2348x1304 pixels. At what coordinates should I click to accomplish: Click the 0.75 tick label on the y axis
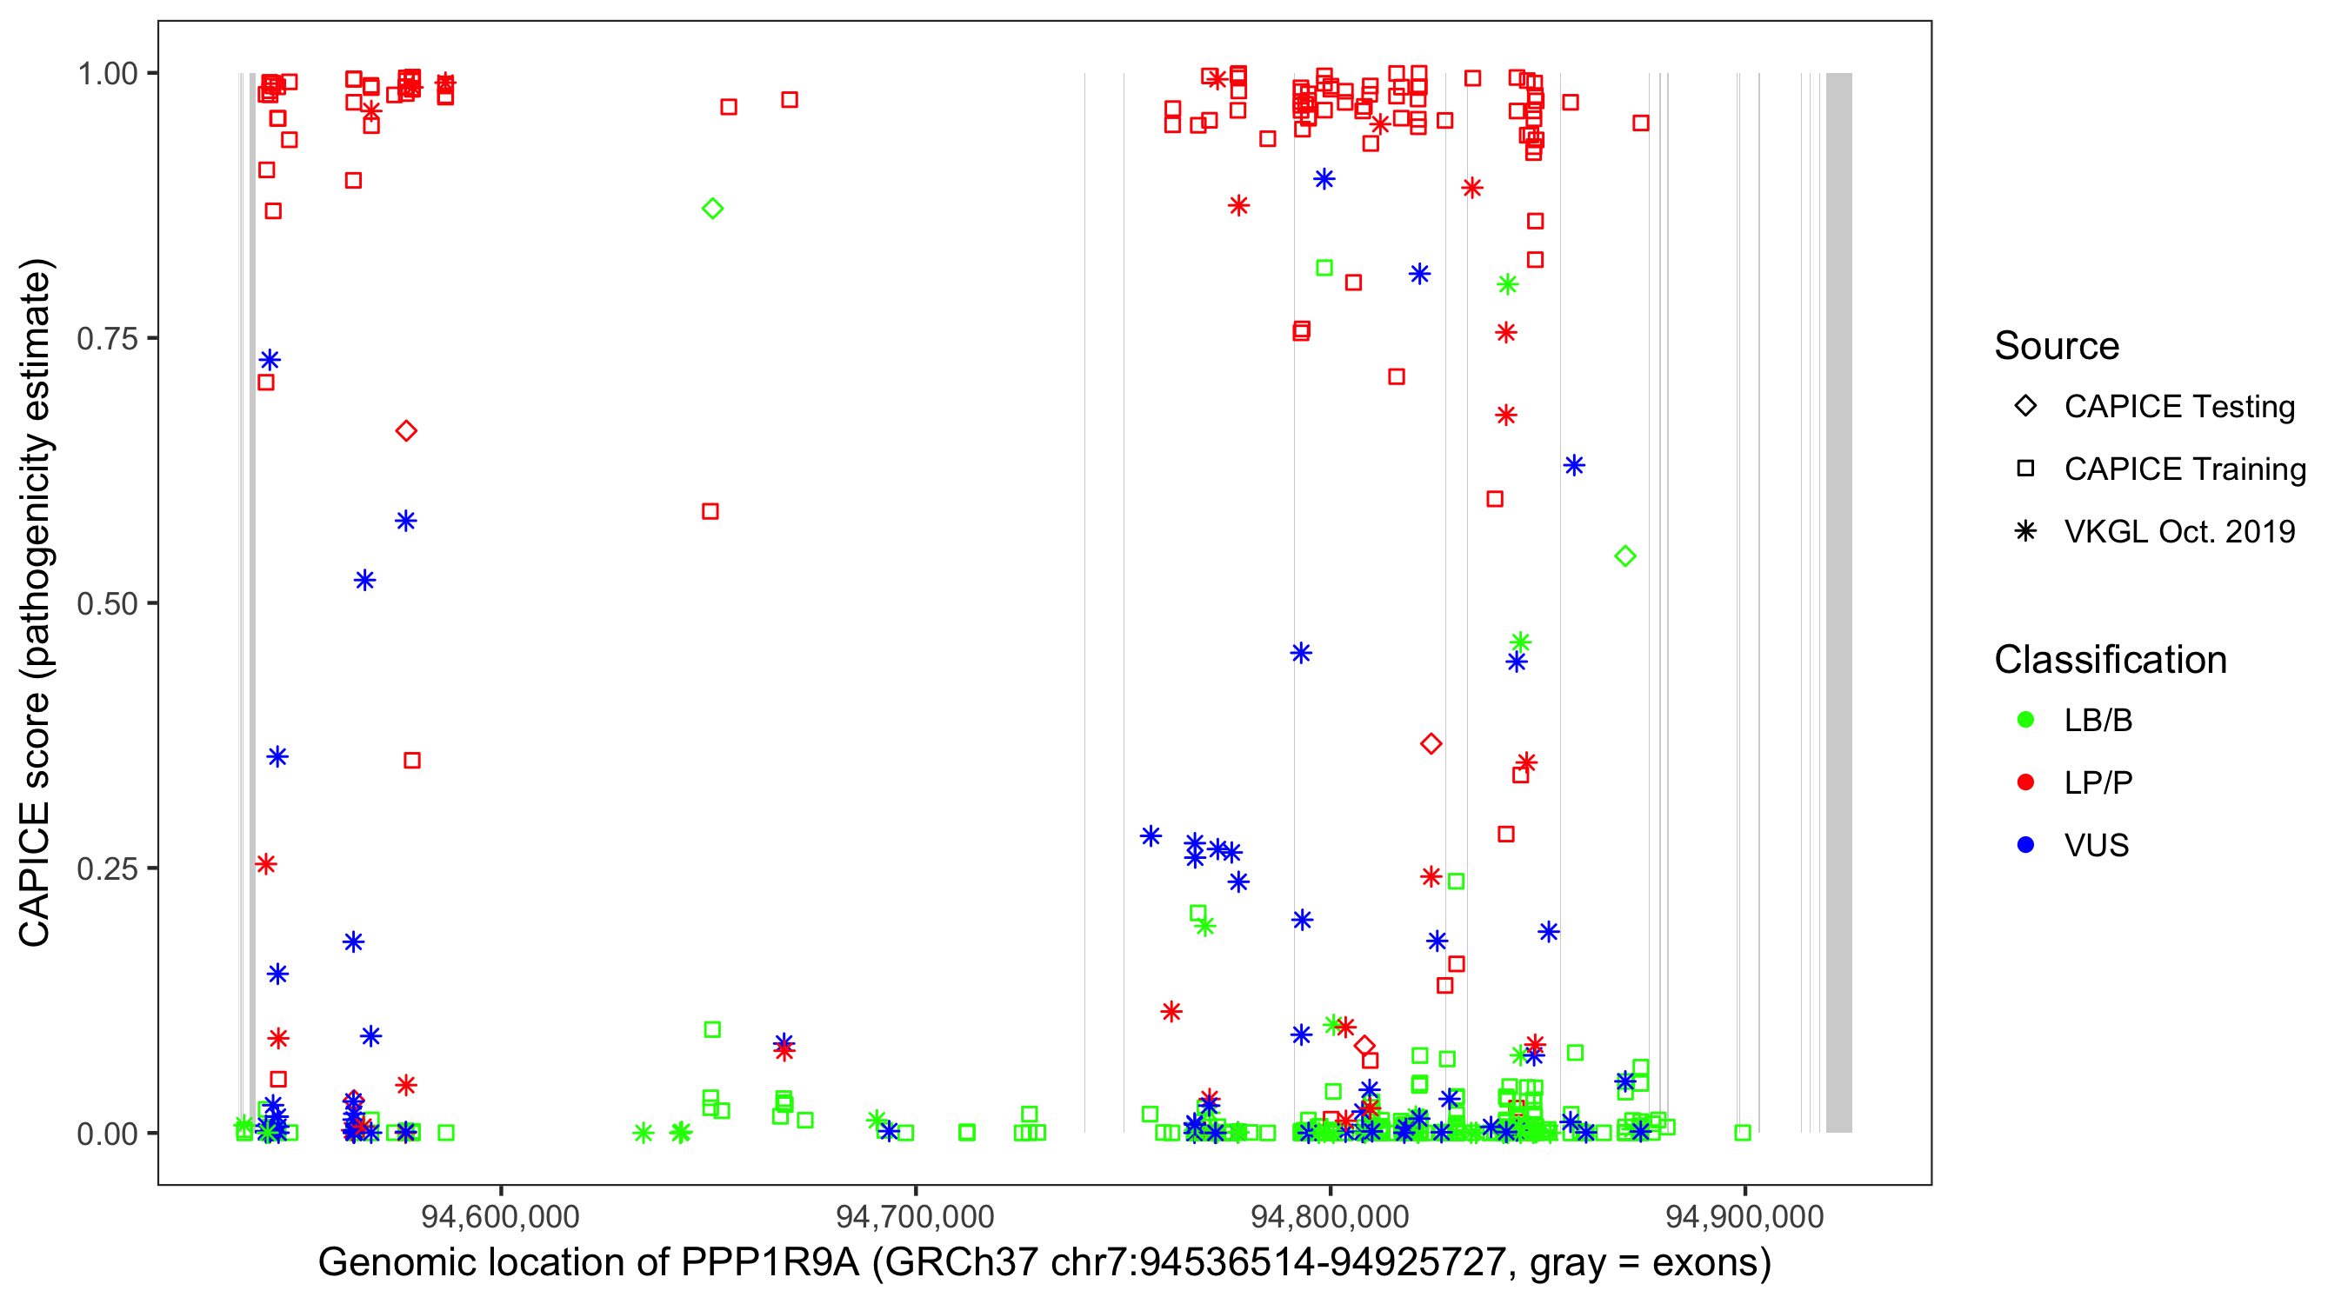click(107, 339)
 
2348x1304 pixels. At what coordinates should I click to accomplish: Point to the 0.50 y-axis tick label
click(107, 603)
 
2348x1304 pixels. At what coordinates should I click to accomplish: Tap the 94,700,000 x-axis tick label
click(914, 1216)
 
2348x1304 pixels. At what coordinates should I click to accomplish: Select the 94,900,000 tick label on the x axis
click(1744, 1216)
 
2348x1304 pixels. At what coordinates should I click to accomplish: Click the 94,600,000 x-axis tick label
click(499, 1216)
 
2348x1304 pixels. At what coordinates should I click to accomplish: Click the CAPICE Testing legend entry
click(2178, 407)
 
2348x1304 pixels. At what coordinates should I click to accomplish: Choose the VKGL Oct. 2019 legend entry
click(2178, 531)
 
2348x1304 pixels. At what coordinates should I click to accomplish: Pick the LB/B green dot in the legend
click(2025, 720)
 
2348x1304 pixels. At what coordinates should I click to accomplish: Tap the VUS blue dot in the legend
click(2025, 845)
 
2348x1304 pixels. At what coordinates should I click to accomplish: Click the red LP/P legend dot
click(2025, 782)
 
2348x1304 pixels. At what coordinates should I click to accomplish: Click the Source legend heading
click(2057, 346)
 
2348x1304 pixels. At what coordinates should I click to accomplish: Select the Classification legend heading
click(2110, 660)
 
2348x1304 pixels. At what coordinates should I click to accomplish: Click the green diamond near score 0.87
click(713, 209)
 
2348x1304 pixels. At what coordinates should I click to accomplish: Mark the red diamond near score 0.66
click(406, 431)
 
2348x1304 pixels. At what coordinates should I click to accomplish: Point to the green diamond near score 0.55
click(1625, 556)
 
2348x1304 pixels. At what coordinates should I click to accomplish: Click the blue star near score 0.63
click(1574, 466)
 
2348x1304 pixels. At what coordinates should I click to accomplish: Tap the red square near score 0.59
click(710, 511)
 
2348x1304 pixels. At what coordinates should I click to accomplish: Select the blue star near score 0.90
click(1324, 178)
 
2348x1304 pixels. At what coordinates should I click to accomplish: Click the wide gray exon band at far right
click(1838, 602)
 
